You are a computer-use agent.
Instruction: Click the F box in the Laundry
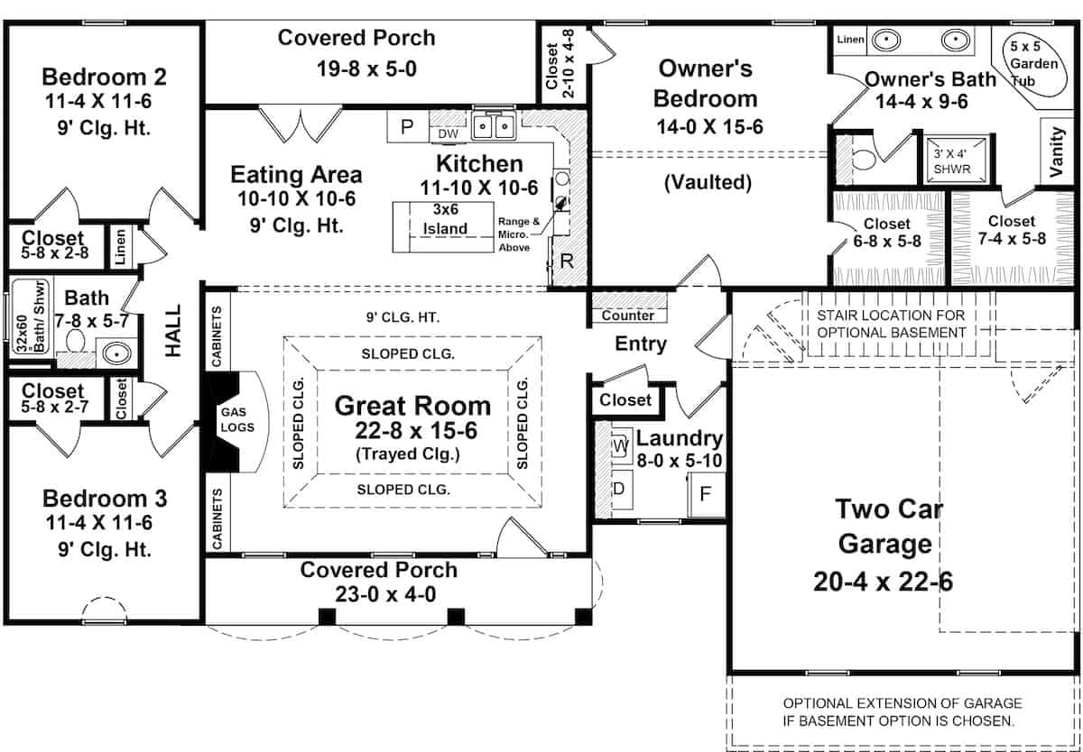[x=707, y=496]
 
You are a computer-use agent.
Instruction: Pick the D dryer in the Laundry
[x=620, y=488]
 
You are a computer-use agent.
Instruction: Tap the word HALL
[x=173, y=331]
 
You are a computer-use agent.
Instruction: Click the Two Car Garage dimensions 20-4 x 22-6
[x=883, y=582]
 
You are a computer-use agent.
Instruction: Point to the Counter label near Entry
[x=627, y=316]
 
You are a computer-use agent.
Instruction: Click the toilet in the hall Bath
[x=74, y=343]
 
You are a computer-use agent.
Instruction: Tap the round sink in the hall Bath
[x=115, y=353]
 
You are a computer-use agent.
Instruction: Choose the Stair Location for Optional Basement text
[x=890, y=324]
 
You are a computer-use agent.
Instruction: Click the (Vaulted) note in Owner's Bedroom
[x=708, y=182]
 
